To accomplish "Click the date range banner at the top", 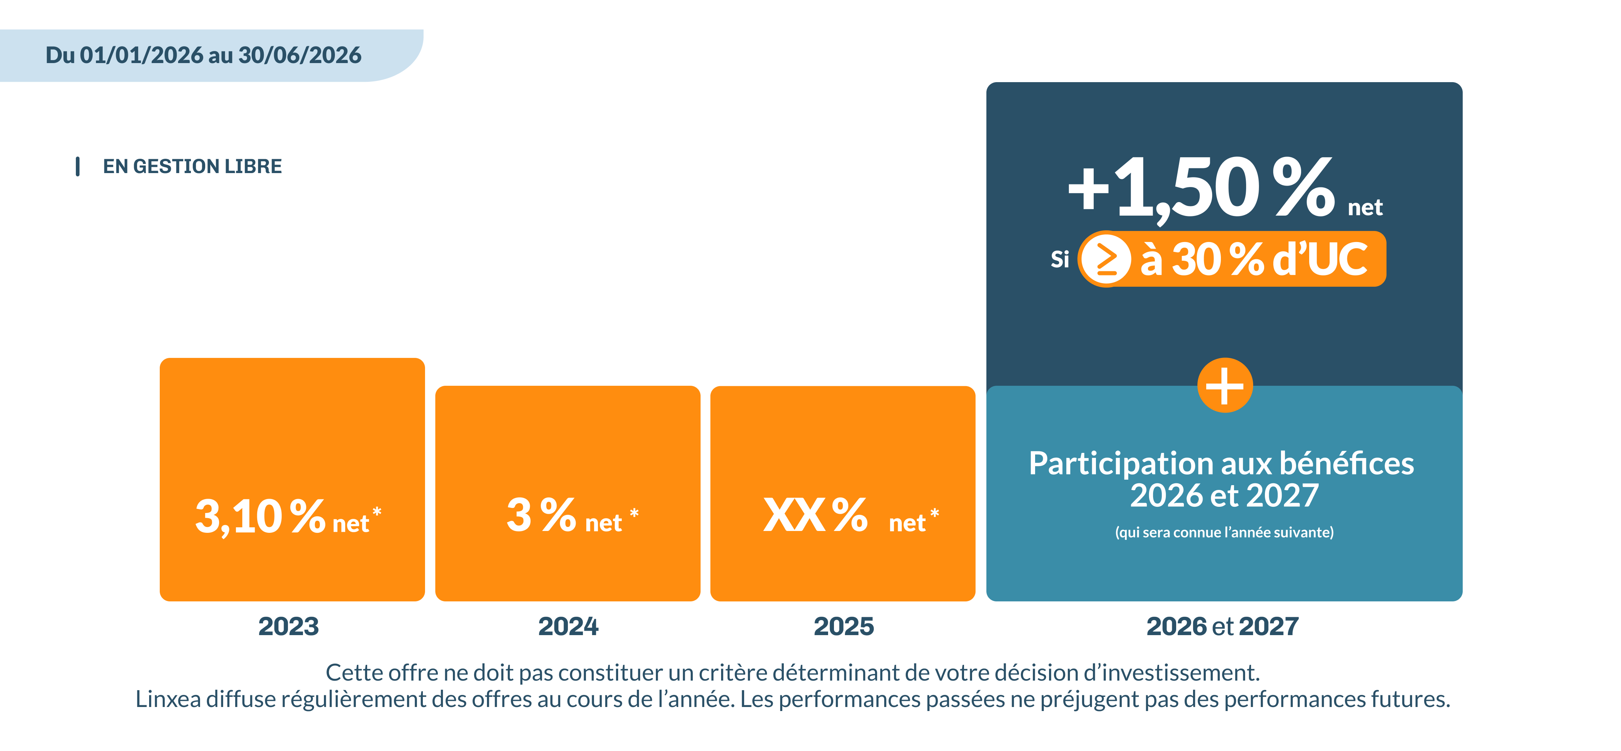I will [203, 55].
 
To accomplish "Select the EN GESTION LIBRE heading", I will [192, 166].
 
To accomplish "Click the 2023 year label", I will [288, 626].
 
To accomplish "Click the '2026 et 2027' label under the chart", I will [1222, 626].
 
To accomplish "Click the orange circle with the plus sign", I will [1225, 385].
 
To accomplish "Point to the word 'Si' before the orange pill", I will [1060, 259].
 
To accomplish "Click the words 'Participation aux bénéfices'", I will [1221, 463].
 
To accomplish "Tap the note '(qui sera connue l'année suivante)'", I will [1224, 532].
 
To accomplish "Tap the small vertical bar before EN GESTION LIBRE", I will [77, 166].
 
